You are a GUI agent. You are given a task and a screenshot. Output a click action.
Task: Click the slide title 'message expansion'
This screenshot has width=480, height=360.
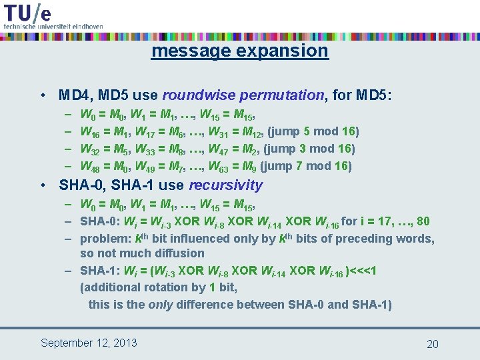point(239,51)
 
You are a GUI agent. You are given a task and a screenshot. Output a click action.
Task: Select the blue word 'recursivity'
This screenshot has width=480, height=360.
point(226,185)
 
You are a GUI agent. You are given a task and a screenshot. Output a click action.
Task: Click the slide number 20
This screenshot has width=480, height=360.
point(432,344)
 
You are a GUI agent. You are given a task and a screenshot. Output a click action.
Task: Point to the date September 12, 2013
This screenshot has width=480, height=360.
point(89,343)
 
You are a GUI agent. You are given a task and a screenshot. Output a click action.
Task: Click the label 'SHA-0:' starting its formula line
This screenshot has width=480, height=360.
point(97,221)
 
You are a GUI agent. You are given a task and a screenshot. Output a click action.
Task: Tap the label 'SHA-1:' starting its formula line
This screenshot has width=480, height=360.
point(97,271)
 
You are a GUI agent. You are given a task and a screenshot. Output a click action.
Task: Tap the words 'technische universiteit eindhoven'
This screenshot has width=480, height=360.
point(53,26)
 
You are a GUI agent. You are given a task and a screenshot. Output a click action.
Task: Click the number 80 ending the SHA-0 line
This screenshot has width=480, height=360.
point(423,221)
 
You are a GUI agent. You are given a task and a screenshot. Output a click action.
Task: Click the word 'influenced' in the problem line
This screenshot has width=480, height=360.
point(201,239)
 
